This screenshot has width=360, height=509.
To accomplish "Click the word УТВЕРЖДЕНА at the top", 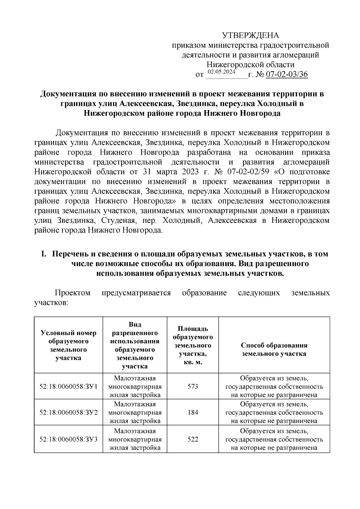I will tap(250, 35).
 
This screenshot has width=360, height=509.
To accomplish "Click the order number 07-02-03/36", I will tap(287, 74).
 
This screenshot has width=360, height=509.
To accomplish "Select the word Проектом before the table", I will tap(72, 293).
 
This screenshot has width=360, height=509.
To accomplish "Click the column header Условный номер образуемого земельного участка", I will tap(68, 345).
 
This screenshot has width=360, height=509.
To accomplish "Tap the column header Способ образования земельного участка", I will tap(274, 349).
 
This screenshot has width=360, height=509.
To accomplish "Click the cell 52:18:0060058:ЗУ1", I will tap(68, 386).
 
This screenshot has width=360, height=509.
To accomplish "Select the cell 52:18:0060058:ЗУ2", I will tap(68, 412).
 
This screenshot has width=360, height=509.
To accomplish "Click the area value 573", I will tap(193, 386).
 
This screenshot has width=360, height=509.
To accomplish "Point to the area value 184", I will tap(193, 412).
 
